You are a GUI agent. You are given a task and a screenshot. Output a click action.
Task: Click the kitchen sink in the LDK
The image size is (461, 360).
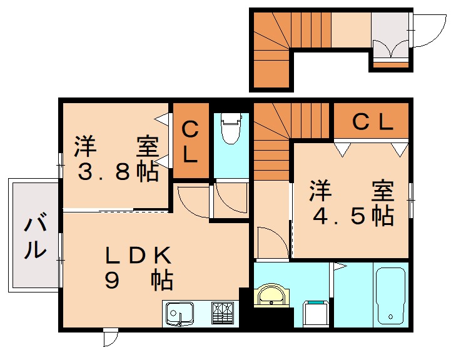tap(180, 312)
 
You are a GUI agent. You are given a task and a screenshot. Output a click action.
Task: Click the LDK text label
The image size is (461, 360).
tap(138, 255)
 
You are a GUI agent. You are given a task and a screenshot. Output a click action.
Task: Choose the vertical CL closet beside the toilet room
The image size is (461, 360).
tap(190, 142)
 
